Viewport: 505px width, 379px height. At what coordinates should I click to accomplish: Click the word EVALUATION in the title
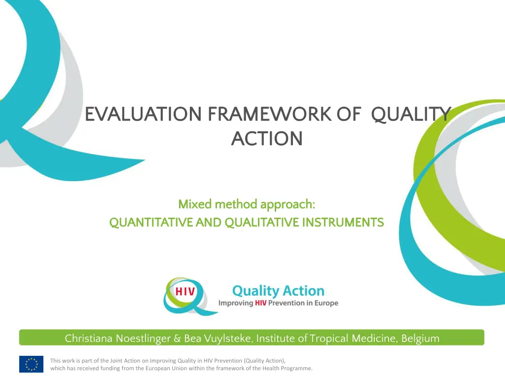point(144,114)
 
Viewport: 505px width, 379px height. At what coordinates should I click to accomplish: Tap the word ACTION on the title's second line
point(267,139)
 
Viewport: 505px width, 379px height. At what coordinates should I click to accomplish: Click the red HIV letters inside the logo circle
point(185,292)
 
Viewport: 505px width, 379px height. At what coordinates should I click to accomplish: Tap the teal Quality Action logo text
point(278,291)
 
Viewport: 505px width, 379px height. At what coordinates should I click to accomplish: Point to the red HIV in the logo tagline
point(260,303)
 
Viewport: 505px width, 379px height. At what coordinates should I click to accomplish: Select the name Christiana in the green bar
point(89,339)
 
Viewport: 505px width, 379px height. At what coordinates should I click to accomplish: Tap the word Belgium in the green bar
point(420,339)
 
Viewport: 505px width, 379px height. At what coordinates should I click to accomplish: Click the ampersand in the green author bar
point(177,339)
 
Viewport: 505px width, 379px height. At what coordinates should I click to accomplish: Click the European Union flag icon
point(31,364)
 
